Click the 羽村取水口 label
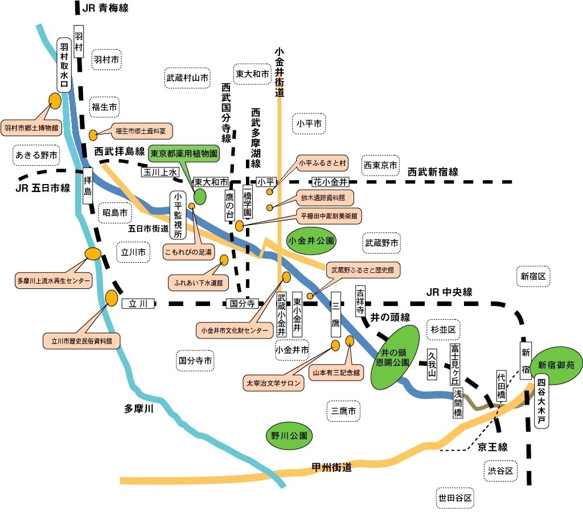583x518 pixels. (64, 64)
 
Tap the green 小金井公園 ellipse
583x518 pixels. (311, 240)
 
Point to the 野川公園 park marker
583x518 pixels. (289, 436)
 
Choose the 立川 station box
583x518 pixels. (138, 304)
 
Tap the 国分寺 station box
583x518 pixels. (242, 304)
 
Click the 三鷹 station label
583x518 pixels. (336, 315)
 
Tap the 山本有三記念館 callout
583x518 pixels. (335, 373)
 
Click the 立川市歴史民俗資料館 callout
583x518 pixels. (77, 341)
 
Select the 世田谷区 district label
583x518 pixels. (455, 497)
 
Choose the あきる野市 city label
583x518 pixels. (36, 154)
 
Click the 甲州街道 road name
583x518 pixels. (331, 468)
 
